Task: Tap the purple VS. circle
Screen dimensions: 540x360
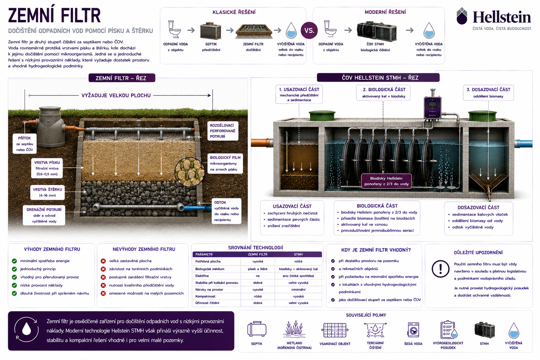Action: [309, 30]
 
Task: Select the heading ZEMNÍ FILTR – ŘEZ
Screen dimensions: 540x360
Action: [122, 78]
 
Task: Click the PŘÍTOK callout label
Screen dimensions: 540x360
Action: [25, 144]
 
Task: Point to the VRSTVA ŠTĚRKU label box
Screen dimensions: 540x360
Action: [47, 192]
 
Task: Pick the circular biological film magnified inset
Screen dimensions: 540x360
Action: [189, 172]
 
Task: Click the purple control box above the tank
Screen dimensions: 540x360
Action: [432, 108]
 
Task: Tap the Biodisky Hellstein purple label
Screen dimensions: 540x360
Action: [386, 181]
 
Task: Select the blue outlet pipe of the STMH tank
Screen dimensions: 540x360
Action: [523, 144]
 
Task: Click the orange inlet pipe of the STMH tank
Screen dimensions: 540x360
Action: [262, 142]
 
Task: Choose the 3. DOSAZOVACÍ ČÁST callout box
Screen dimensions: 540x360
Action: [488, 92]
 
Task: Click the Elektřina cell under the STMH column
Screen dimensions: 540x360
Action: [298, 276]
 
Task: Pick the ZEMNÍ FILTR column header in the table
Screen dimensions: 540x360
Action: [257, 255]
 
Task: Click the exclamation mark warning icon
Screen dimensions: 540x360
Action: [441, 269]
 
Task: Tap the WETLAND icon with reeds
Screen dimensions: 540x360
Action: [294, 329]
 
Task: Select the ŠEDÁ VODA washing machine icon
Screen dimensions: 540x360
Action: [413, 330]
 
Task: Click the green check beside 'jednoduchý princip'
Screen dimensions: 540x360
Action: [14, 269]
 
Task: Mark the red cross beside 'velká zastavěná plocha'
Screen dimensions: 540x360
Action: [103, 261]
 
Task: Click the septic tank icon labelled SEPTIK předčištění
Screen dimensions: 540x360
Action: [211, 31]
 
